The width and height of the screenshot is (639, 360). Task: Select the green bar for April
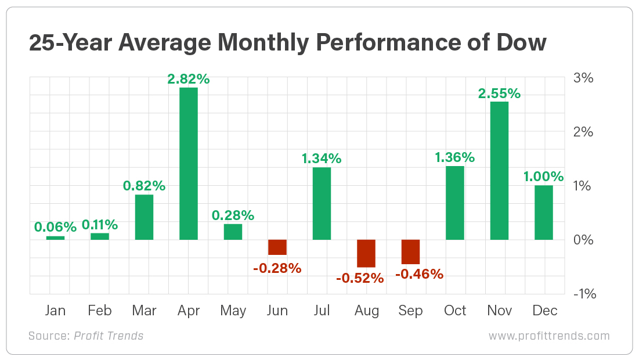point(189,163)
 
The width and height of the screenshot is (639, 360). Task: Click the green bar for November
point(499,171)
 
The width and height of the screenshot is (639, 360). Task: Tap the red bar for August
point(366,253)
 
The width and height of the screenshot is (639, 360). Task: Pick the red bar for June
point(277,247)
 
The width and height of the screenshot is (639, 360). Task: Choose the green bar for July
point(322,203)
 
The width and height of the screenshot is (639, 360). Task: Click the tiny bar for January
point(55,237)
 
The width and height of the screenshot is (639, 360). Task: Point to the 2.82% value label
point(188,78)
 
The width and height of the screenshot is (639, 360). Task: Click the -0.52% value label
point(360,278)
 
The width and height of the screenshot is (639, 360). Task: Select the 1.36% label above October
point(454,157)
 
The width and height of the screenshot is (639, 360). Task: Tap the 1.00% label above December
point(544,176)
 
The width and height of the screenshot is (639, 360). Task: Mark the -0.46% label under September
point(419,273)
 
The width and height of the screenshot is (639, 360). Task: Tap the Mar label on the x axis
point(144,311)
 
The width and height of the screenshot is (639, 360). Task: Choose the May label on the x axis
point(233,311)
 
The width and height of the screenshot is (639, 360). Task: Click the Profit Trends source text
point(109,336)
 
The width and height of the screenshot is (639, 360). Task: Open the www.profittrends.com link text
point(549,336)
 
